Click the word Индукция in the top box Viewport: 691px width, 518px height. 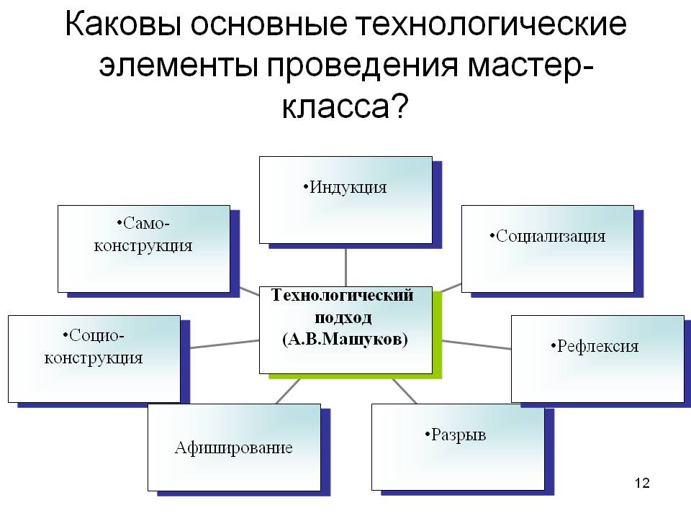pos(348,188)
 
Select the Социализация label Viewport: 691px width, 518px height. pos(551,236)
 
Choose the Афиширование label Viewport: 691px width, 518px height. pos(234,447)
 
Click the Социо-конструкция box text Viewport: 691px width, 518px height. pos(94,346)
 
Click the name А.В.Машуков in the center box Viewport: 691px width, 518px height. pos(345,339)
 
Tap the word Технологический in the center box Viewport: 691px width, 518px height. pos(342,295)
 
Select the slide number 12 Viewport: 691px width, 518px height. pos(643,483)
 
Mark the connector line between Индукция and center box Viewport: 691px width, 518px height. pos(346,266)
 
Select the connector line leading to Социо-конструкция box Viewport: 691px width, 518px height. pos(220,344)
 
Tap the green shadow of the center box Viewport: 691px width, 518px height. pos(437,338)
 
